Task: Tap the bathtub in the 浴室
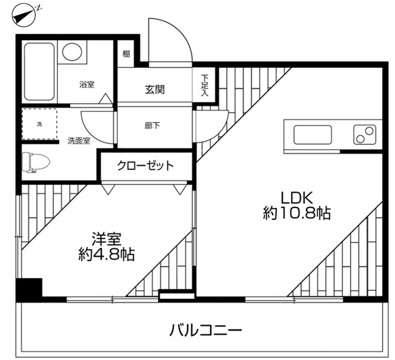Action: (39, 72)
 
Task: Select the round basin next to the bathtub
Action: (72, 52)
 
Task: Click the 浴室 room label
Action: (87, 84)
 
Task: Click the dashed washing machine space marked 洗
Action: (39, 124)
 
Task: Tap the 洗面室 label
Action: (79, 141)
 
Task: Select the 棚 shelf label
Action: (126, 54)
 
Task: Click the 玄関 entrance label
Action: (155, 90)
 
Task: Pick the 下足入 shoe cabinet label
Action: (204, 85)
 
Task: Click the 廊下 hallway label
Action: (152, 125)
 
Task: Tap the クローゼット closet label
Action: (145, 166)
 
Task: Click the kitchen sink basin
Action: (313, 135)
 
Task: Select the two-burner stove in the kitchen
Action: (364, 135)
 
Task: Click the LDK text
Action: (297, 197)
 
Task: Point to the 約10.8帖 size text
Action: (297, 213)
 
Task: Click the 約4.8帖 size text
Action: (107, 254)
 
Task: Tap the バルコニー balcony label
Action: (205, 330)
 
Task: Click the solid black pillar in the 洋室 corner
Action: (29, 289)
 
